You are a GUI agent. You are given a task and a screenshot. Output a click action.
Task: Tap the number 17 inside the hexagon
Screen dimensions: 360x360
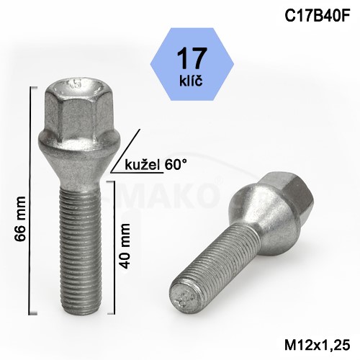pyautogui.click(x=192, y=58)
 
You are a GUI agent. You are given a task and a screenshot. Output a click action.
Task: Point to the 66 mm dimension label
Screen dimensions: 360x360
pyautogui.click(x=19, y=219)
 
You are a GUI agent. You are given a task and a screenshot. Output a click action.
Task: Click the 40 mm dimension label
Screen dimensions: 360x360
pyautogui.click(x=125, y=246)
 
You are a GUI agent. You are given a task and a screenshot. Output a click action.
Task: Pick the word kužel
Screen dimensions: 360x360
pyautogui.click(x=143, y=165)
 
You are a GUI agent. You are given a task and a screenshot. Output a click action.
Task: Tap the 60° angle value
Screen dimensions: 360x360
pyautogui.click(x=176, y=165)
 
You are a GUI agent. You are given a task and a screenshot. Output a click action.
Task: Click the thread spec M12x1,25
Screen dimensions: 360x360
pyautogui.click(x=318, y=346)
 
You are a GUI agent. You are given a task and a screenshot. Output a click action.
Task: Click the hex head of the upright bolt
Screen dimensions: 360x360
pyautogui.click(x=78, y=111)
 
